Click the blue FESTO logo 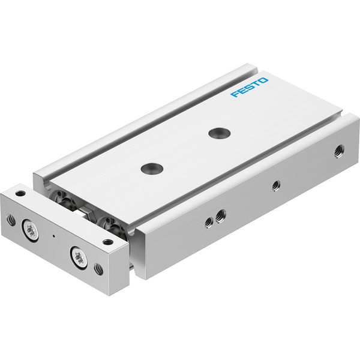(250, 87)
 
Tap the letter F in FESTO (235, 94)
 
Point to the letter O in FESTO (263, 80)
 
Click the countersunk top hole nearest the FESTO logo (220, 133)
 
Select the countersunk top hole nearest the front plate (152, 168)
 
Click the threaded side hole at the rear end (339, 151)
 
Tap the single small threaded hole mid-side (276, 185)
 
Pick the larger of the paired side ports (221, 215)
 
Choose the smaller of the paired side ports (209, 223)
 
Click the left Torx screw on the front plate (30, 230)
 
